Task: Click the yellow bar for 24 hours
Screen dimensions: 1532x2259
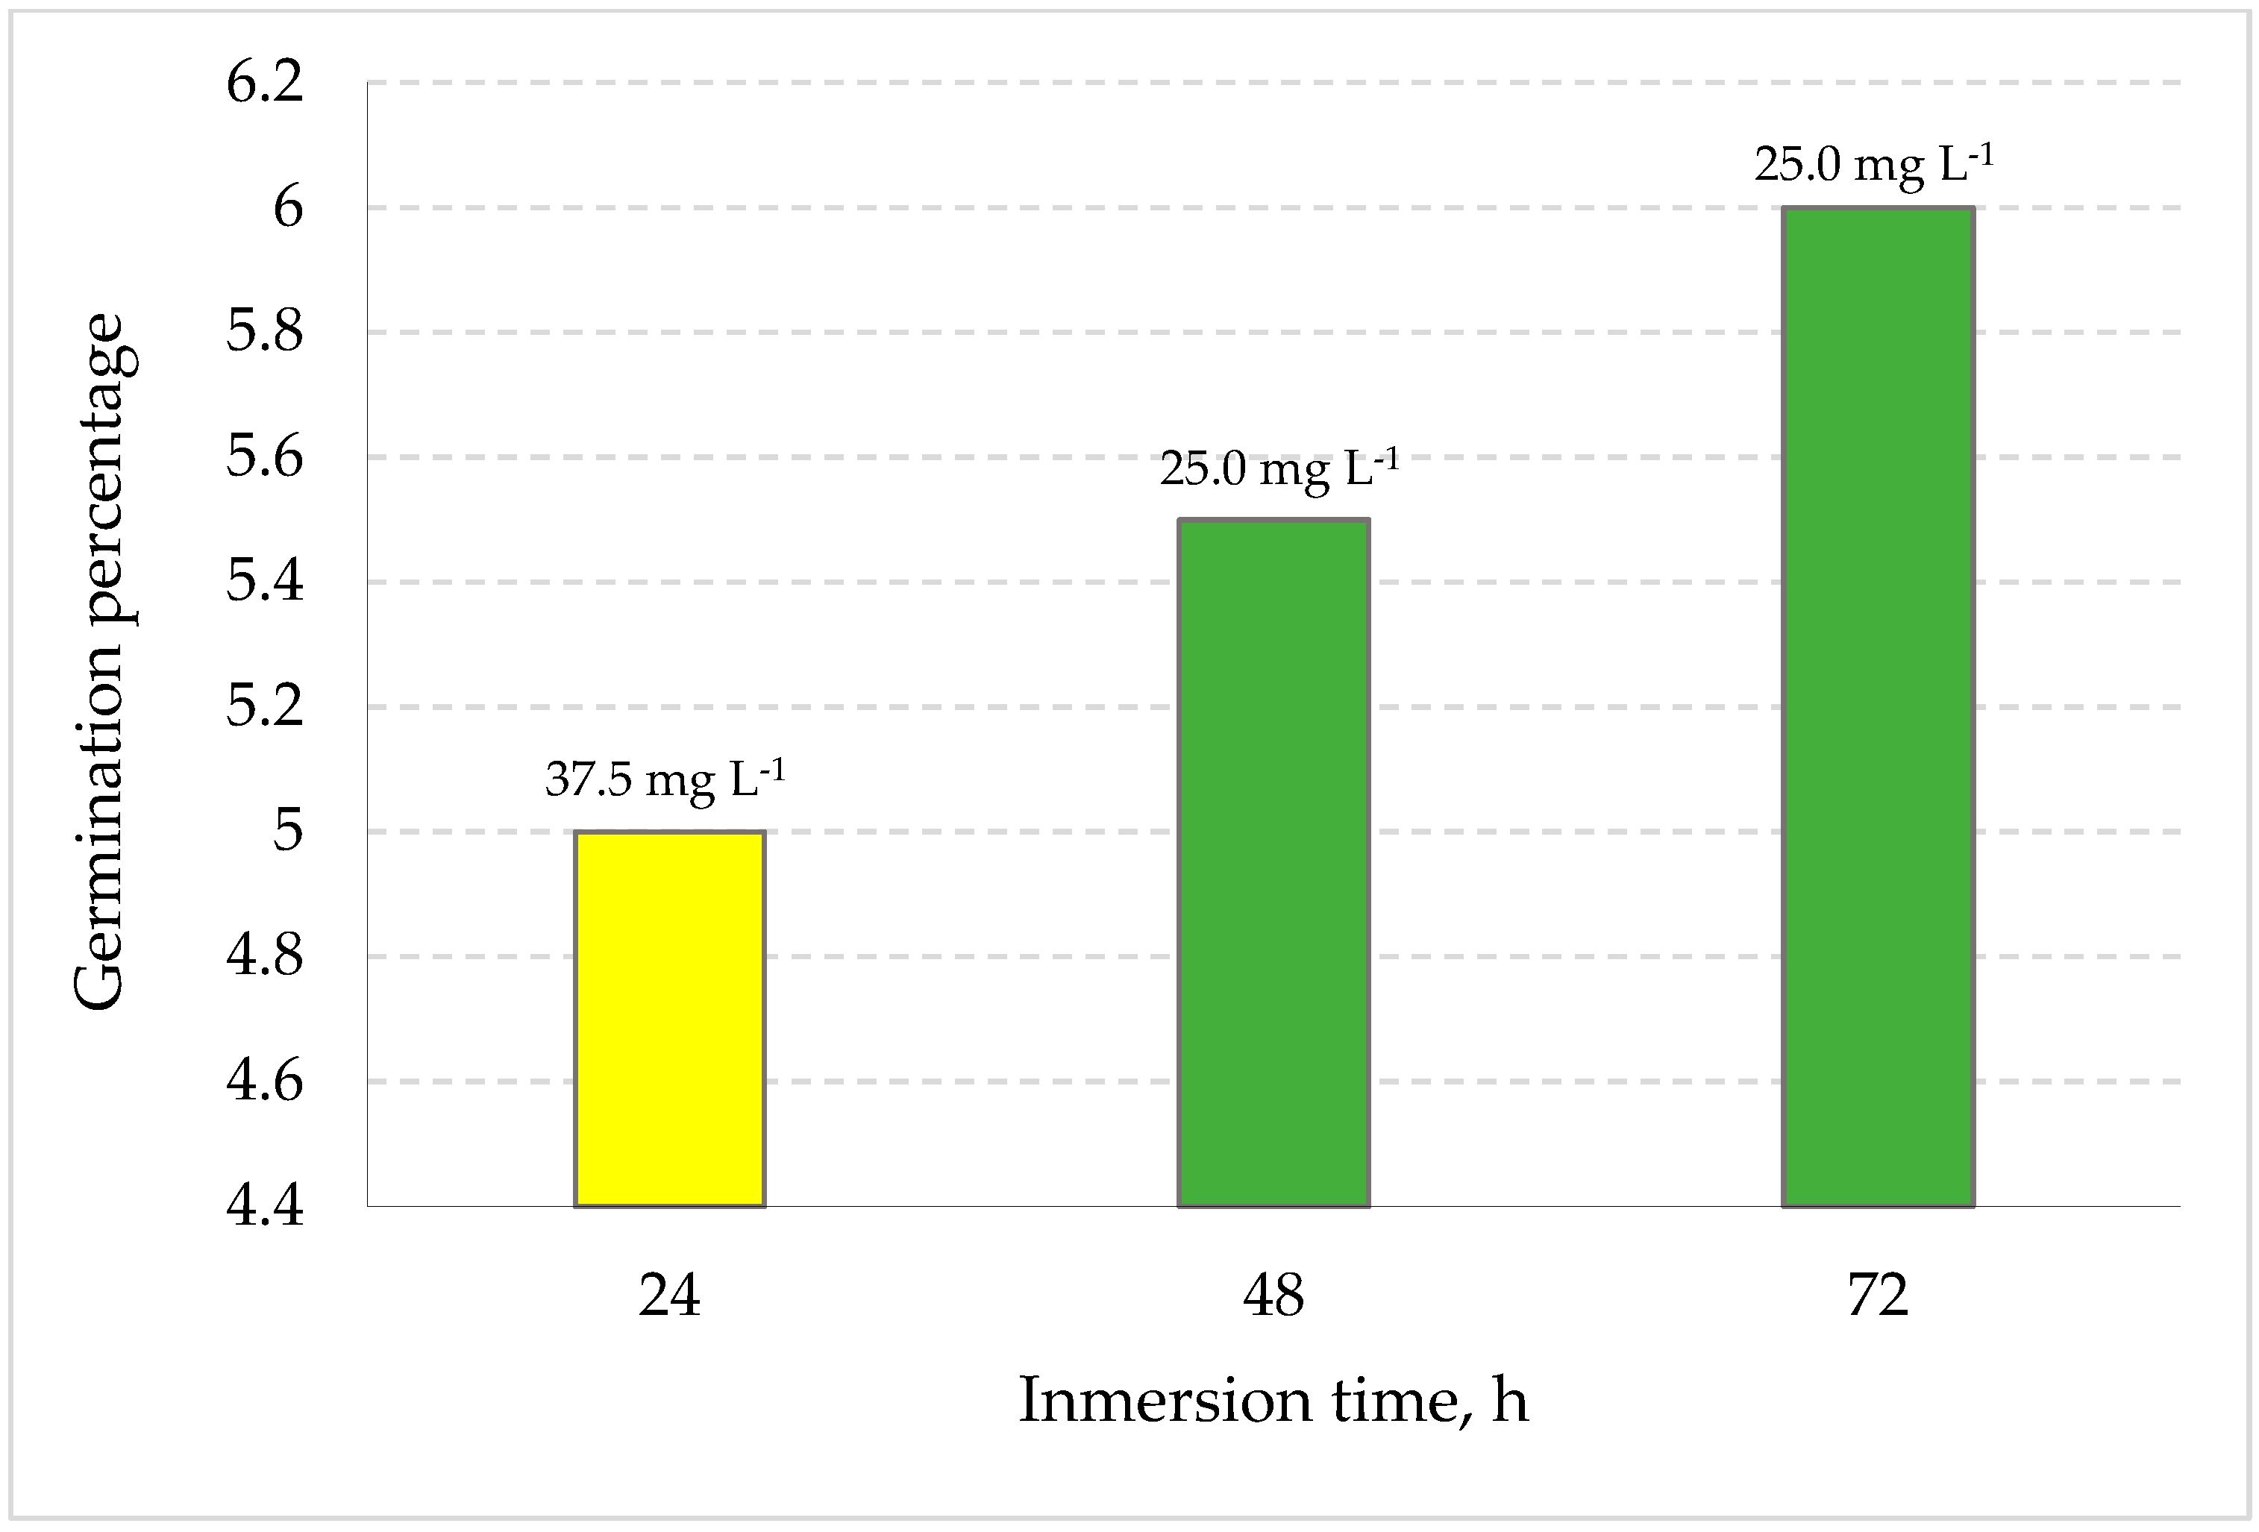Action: (x=670, y=1018)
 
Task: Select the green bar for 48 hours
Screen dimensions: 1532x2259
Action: (x=1273, y=862)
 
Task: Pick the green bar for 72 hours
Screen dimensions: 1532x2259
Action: (x=1877, y=706)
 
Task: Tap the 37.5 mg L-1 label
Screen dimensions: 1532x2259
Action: (x=665, y=779)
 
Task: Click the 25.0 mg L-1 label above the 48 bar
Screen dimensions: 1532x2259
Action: (x=1279, y=469)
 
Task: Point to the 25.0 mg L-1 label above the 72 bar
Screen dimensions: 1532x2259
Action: (x=1874, y=164)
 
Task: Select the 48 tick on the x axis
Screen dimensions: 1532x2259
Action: (x=1273, y=1296)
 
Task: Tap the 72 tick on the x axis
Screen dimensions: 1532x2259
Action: (x=1877, y=1296)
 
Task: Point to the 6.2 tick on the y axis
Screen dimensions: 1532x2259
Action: (x=264, y=83)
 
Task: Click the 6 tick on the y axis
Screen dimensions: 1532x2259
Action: (x=288, y=207)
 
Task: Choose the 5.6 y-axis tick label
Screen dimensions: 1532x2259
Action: (x=264, y=457)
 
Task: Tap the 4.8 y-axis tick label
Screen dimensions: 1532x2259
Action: (x=264, y=955)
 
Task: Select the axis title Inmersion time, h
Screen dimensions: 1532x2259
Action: (x=1273, y=1401)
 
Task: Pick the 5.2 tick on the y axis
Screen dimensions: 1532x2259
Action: (x=264, y=706)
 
